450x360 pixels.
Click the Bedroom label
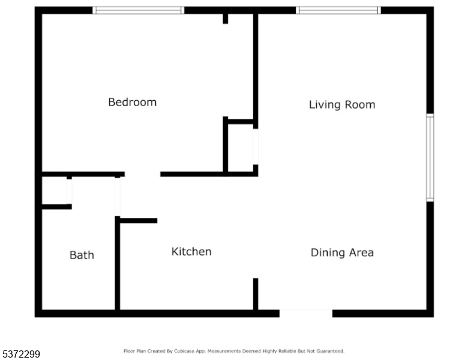pyautogui.click(x=132, y=102)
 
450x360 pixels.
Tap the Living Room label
pyautogui.click(x=342, y=104)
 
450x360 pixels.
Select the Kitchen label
pyautogui.click(x=191, y=251)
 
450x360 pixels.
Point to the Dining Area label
pyautogui.click(x=342, y=253)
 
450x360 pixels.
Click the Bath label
pyautogui.click(x=82, y=255)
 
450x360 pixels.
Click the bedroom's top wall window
pyautogui.click(x=139, y=10)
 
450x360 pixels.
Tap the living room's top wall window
pyautogui.click(x=338, y=10)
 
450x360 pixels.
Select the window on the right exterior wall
pyautogui.click(x=430, y=157)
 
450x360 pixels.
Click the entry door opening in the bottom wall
pyautogui.click(x=306, y=313)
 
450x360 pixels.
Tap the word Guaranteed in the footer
pyautogui.click(x=331, y=351)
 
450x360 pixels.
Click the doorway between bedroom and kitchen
pyautogui.click(x=142, y=175)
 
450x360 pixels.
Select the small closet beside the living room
pyautogui.click(x=240, y=147)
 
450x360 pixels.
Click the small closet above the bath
pyautogui.click(x=55, y=191)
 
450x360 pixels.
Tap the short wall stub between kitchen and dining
pyautogui.click(x=256, y=294)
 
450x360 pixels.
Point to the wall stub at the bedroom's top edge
pyautogui.click(x=226, y=17)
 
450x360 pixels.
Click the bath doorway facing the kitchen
pyautogui.click(x=118, y=197)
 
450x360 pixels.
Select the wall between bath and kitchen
pyautogui.click(x=118, y=264)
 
